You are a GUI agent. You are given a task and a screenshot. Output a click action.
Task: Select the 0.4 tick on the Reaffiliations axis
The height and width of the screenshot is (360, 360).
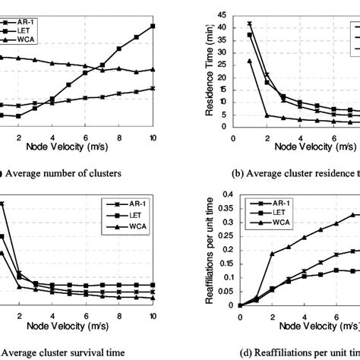(x=225, y=182)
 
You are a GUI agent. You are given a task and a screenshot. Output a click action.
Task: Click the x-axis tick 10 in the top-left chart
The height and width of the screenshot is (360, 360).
(x=153, y=137)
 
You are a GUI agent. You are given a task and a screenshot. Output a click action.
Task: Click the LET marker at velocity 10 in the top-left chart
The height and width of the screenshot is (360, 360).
(x=153, y=26)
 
